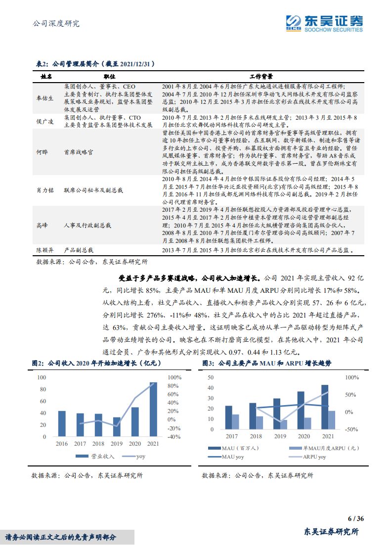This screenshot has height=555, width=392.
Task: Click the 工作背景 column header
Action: [x=261, y=77]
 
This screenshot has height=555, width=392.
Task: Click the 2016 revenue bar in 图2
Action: [x=61, y=423]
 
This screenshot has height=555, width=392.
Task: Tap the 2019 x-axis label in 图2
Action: [x=117, y=444]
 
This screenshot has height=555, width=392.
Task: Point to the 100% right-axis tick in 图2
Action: [x=174, y=377]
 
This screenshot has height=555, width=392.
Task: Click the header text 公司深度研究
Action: [x=55, y=23]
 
